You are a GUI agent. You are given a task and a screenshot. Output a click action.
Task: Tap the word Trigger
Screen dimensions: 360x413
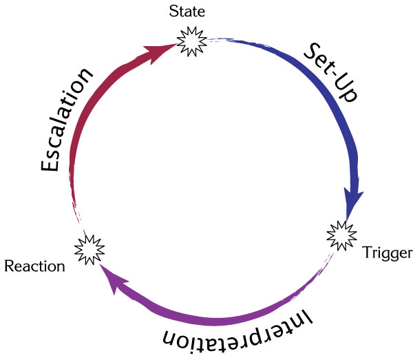386,253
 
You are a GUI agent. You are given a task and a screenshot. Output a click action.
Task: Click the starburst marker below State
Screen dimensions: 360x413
190,42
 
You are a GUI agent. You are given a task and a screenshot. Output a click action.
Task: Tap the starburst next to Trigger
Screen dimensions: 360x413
339,236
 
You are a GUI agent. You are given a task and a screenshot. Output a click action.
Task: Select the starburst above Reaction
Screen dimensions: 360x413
89,248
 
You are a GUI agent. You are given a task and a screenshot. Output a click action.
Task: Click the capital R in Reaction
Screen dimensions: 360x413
8,266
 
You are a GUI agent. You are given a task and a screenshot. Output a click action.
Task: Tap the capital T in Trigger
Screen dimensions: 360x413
366,253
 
